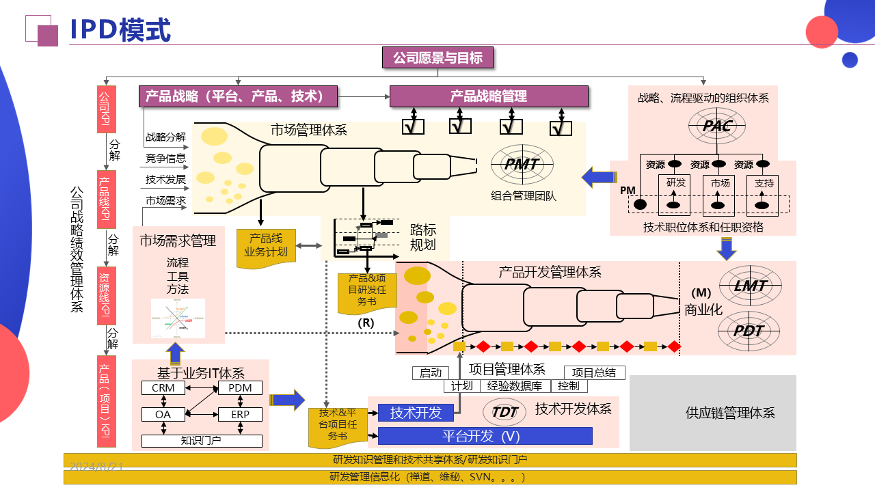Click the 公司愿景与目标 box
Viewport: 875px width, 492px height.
(x=437, y=58)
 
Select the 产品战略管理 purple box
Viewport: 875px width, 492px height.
(x=489, y=96)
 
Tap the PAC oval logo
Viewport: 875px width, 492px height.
(x=717, y=126)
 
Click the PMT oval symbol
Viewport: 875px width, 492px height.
(x=522, y=165)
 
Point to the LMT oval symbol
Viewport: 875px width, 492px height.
(x=750, y=286)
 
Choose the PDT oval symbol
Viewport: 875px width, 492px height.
(x=750, y=331)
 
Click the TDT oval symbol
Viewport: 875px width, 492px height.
(x=504, y=412)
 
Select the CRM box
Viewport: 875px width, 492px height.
(x=163, y=388)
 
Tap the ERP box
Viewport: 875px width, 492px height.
(x=240, y=415)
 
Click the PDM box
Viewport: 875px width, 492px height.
(x=240, y=388)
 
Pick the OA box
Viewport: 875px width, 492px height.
(x=163, y=415)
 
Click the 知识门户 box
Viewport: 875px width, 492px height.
(x=202, y=441)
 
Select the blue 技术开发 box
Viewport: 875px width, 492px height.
(x=416, y=413)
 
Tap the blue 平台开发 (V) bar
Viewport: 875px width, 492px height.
(x=485, y=436)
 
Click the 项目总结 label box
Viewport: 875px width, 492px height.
(x=594, y=372)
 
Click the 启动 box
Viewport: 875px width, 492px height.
(x=431, y=373)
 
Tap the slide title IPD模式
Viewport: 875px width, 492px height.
(x=120, y=30)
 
